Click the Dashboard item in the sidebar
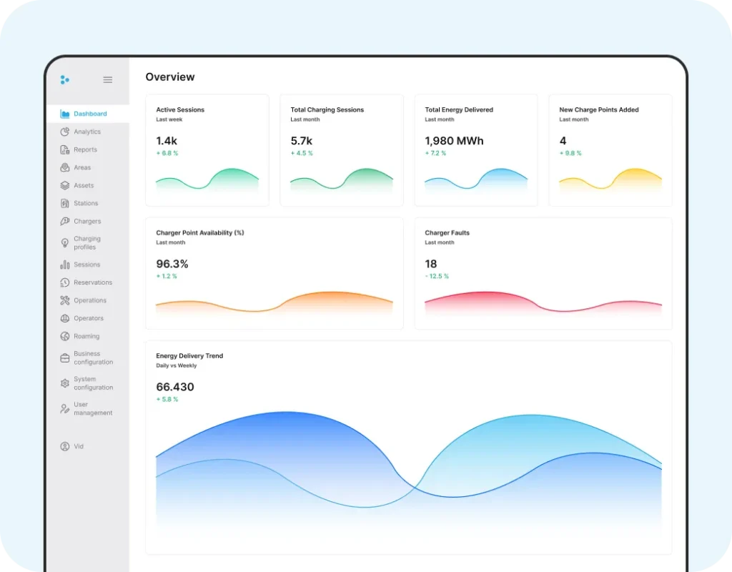(89, 114)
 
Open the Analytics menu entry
(86, 132)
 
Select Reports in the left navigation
(85, 149)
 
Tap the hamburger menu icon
(108, 80)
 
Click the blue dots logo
(65, 79)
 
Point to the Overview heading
(170, 77)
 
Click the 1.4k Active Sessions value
(167, 141)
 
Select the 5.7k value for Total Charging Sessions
(301, 141)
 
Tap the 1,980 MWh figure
(454, 141)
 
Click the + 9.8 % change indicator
(570, 153)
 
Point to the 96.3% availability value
(172, 264)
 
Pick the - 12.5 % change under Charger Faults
(437, 276)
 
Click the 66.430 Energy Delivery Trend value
(175, 387)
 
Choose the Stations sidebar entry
(86, 203)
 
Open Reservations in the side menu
(93, 282)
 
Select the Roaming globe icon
(65, 336)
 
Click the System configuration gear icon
(65, 383)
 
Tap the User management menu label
(93, 408)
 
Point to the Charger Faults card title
(447, 233)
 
